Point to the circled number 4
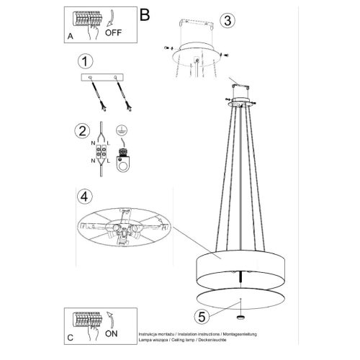(85, 195)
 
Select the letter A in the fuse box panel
(69, 35)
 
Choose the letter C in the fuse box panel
(69, 337)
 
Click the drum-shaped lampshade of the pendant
(238, 266)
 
